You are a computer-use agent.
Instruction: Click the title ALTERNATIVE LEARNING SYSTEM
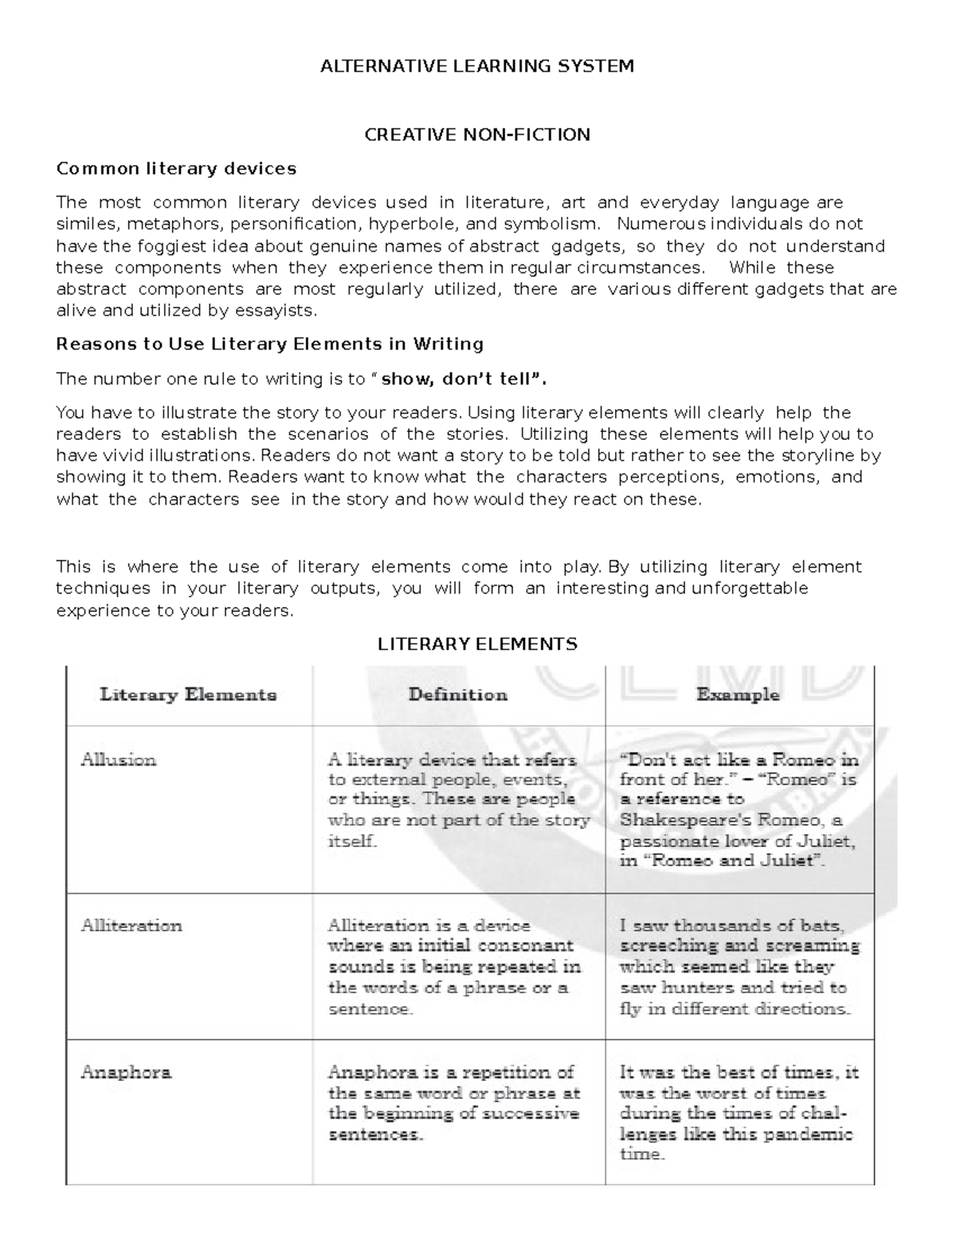476,66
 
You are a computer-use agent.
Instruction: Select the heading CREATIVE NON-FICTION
477,135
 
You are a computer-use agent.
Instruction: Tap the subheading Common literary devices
176,169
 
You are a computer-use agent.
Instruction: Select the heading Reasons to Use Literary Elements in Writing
270,344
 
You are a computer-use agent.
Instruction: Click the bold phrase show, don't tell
461,379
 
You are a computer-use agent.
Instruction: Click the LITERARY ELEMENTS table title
477,644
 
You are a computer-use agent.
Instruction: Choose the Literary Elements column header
188,695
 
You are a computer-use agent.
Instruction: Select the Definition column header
458,695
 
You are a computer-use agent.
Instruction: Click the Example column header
738,695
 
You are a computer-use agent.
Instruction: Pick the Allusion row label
119,760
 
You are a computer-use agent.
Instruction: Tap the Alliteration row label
131,926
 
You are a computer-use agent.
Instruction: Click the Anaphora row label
126,1072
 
